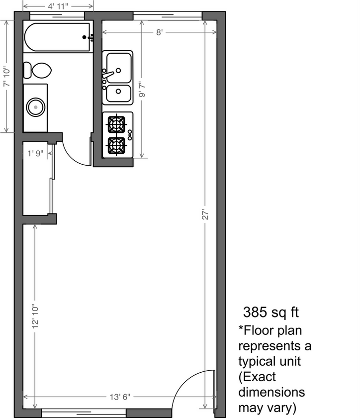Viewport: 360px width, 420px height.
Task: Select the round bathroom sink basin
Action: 35,106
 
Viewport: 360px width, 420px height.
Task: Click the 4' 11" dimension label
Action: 58,6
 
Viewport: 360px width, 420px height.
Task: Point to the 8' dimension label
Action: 159,33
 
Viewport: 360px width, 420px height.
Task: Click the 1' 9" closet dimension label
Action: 36,153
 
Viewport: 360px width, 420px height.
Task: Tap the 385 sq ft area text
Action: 271,313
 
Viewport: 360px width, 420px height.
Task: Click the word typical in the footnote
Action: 257,360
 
